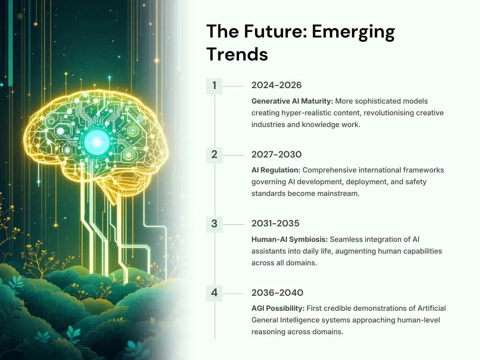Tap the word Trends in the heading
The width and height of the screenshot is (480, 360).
pyautogui.click(x=237, y=54)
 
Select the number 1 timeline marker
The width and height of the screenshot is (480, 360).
pyautogui.click(x=214, y=86)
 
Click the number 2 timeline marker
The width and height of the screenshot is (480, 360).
pyautogui.click(x=214, y=155)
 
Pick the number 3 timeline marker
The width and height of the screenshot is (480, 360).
pyautogui.click(x=214, y=224)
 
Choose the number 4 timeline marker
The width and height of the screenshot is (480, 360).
pyautogui.click(x=214, y=293)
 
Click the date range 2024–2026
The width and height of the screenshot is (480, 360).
pyautogui.click(x=277, y=85)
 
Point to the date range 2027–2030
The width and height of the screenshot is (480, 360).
pyautogui.click(x=277, y=154)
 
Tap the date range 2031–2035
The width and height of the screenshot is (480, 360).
pyautogui.click(x=275, y=224)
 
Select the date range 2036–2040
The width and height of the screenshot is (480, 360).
pyautogui.click(x=277, y=292)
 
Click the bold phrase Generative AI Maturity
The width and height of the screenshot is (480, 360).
pyautogui.click(x=292, y=101)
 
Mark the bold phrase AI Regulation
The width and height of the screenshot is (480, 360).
pyautogui.click(x=276, y=171)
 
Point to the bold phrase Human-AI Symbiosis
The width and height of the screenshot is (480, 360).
pyautogui.click(x=290, y=240)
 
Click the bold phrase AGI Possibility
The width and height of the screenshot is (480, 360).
pyautogui.click(x=278, y=308)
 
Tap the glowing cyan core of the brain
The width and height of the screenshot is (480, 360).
pyautogui.click(x=97, y=142)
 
